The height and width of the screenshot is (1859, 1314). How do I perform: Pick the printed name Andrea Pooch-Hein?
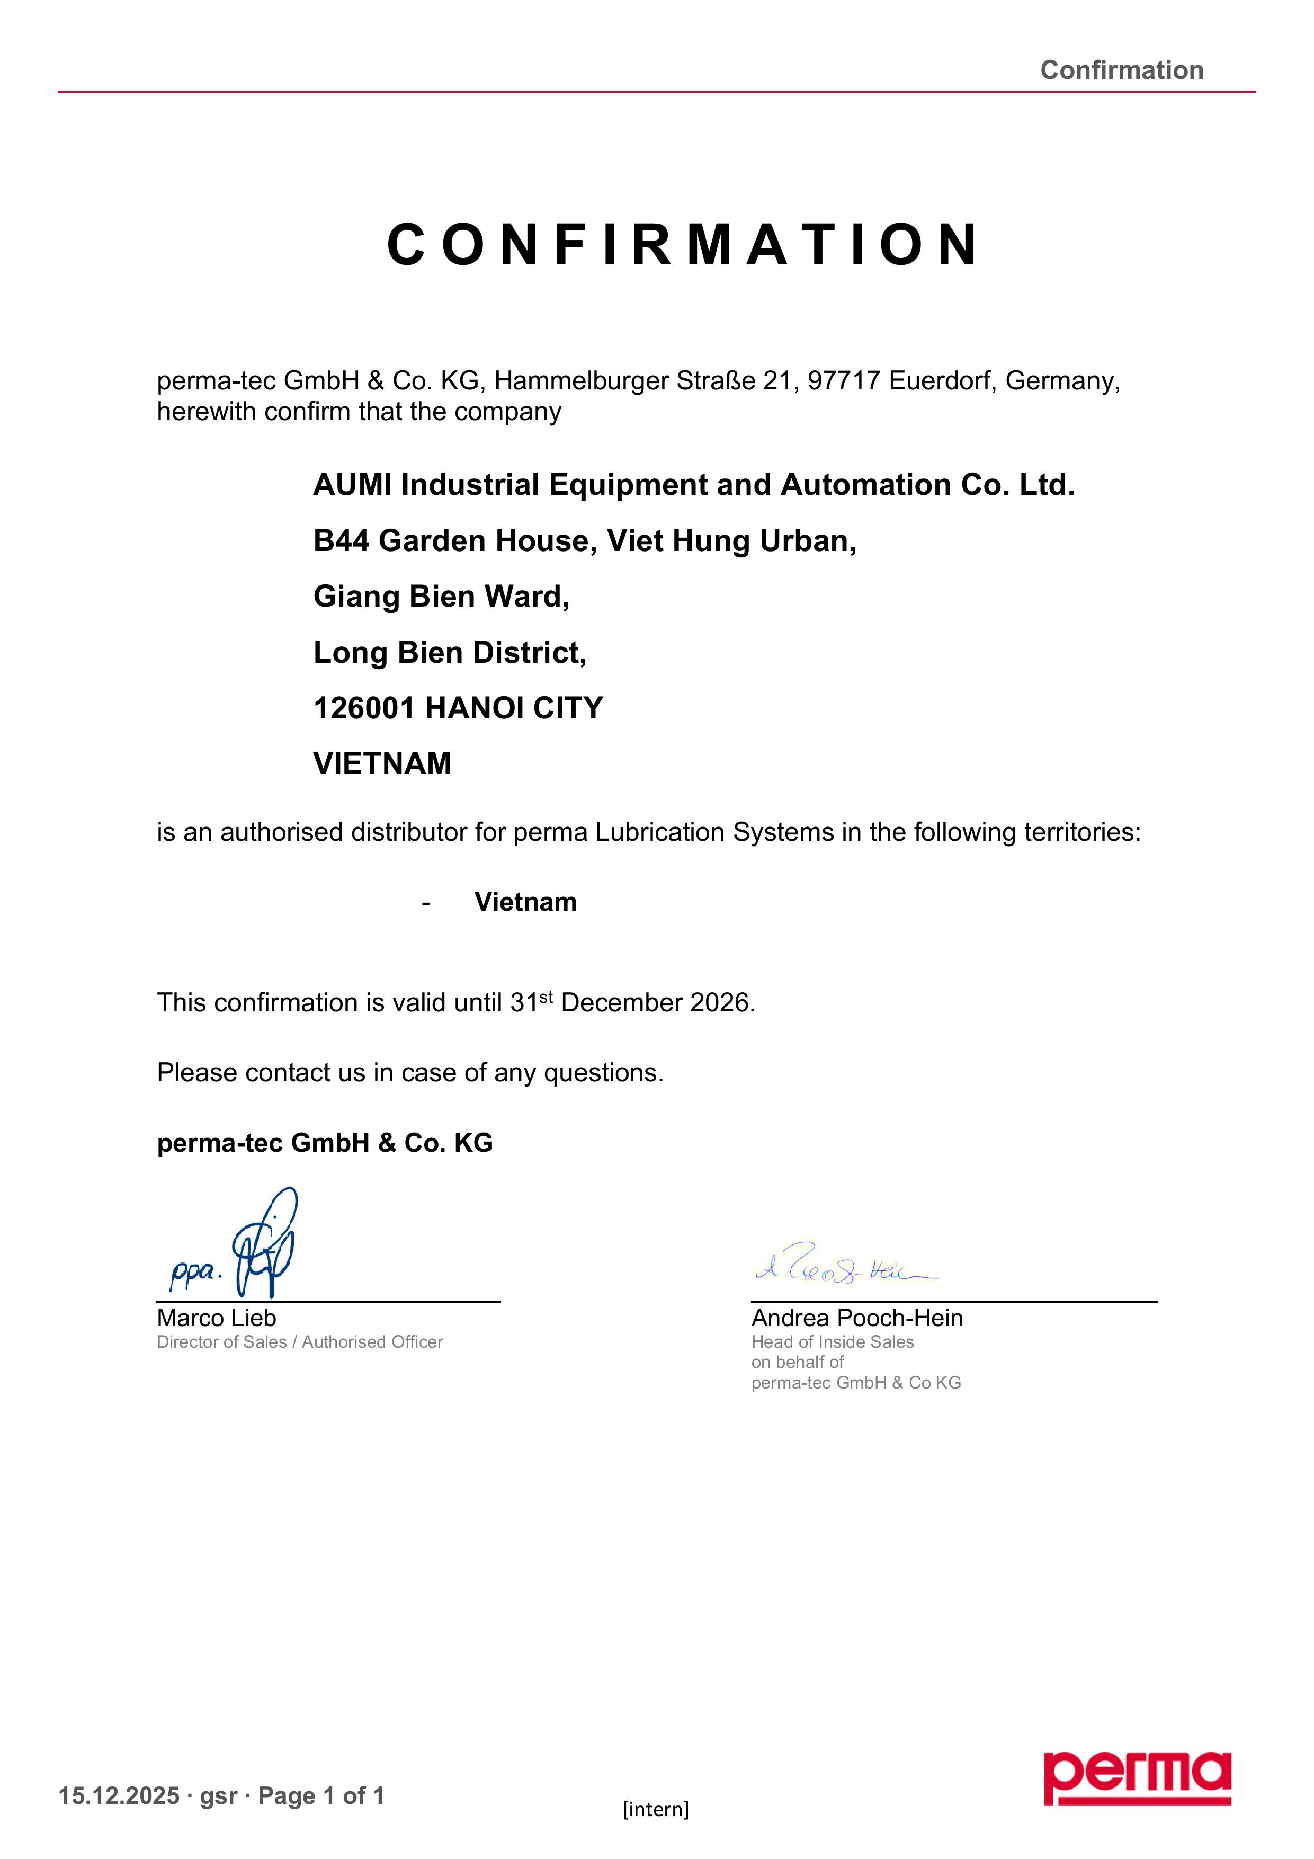pos(856,1318)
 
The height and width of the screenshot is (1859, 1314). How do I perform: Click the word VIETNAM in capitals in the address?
pos(382,763)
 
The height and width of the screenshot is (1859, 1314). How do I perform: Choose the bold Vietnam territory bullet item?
pos(525,902)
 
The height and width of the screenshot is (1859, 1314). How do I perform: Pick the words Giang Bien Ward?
pos(441,597)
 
